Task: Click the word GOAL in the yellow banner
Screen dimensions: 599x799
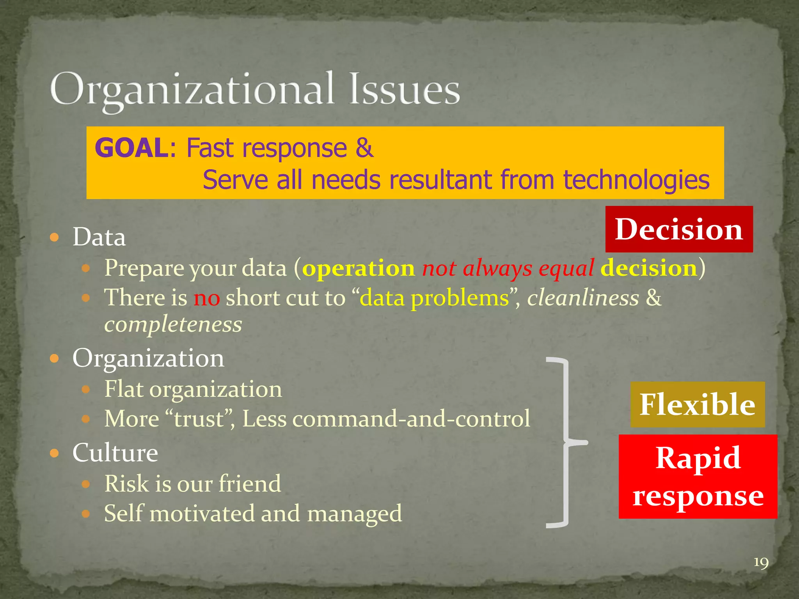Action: (131, 148)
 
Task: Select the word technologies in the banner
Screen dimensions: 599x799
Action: (636, 180)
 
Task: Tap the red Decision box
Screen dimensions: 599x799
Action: (679, 229)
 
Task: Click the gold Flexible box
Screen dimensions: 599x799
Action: (697, 404)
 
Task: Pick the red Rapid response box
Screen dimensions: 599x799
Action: (698, 476)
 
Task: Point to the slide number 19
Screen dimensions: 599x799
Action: (761, 563)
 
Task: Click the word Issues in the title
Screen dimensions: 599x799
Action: (404, 90)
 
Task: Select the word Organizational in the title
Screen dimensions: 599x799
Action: (192, 90)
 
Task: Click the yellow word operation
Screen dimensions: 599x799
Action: (359, 268)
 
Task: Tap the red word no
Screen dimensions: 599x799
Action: (207, 298)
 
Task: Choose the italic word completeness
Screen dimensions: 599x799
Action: (173, 324)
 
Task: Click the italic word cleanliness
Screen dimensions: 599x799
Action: (583, 298)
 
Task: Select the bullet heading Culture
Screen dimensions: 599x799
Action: (115, 453)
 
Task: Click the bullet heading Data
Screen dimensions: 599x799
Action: (99, 237)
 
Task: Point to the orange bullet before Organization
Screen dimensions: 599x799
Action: (55, 358)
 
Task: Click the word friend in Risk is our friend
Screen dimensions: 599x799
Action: (250, 484)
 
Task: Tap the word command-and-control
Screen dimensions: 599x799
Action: (411, 419)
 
